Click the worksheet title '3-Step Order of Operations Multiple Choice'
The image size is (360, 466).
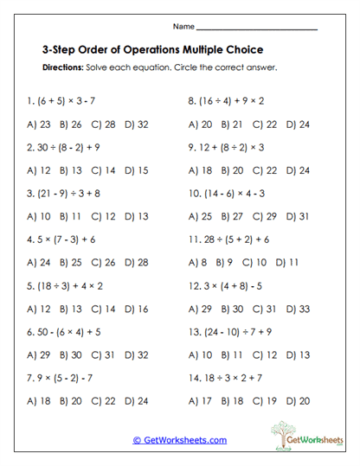pos(152,50)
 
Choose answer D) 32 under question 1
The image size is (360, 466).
pos(137,124)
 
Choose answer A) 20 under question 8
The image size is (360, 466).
pos(200,124)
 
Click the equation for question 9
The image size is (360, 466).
pos(226,147)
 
